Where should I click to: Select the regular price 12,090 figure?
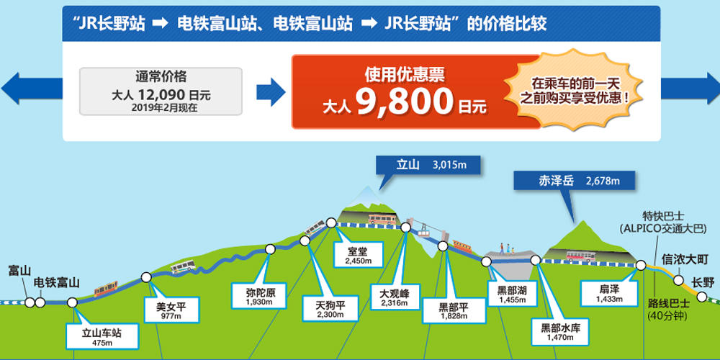[160, 95]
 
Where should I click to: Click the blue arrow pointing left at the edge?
[31, 88]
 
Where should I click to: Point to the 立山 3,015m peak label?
[428, 165]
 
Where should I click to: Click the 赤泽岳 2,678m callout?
[574, 181]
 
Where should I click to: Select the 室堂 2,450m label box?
[358, 254]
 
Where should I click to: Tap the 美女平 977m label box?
[171, 309]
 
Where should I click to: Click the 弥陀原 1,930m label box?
[261, 296]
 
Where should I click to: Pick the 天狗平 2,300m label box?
[330, 308]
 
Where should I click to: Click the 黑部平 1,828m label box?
[454, 310]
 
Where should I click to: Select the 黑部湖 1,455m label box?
[511, 294]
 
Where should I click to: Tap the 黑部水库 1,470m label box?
[559, 331]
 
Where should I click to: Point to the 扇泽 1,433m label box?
[609, 294]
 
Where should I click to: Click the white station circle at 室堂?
[331, 222]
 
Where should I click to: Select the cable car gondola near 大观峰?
[425, 229]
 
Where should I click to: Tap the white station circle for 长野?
[701, 297]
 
